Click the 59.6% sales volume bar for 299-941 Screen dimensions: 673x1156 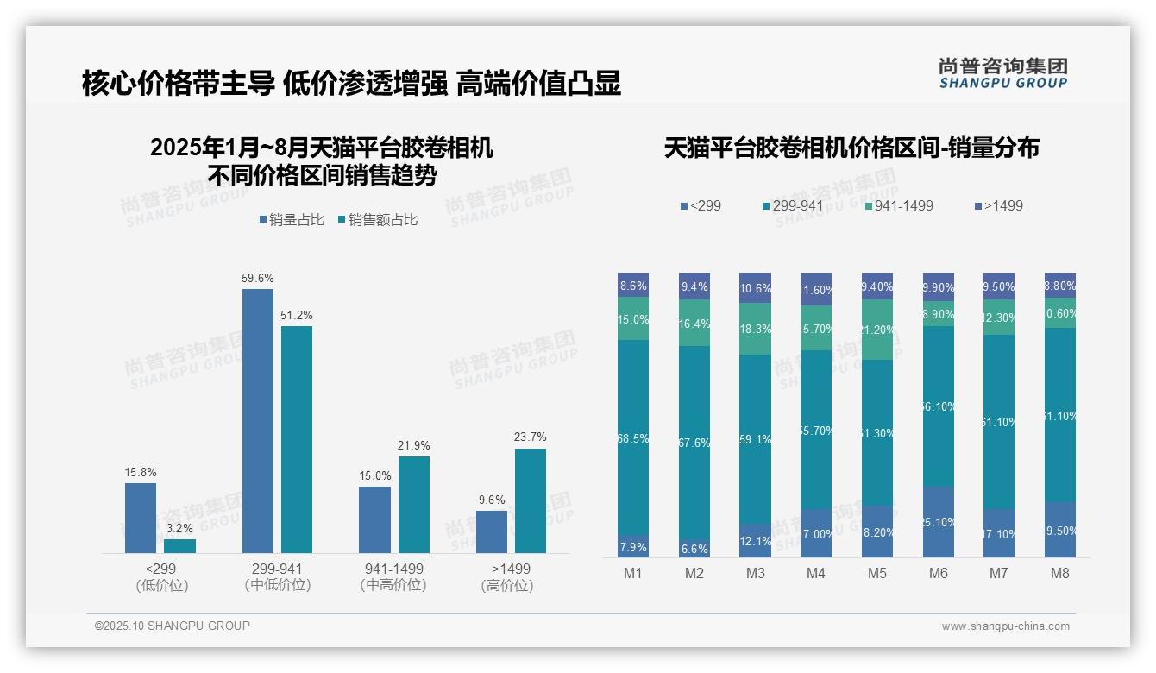(x=257, y=421)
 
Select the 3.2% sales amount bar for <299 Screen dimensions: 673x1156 (x=179, y=546)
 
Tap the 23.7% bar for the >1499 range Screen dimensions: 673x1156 (x=530, y=500)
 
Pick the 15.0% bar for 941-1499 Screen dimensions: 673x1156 (x=374, y=519)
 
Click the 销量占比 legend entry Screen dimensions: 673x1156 (x=291, y=220)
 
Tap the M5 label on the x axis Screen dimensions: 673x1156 (x=877, y=574)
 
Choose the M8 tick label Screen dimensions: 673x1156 (x=1060, y=574)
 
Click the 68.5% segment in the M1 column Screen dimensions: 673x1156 (x=633, y=437)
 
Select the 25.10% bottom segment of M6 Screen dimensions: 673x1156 (x=939, y=522)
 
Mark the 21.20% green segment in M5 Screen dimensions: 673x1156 (x=877, y=330)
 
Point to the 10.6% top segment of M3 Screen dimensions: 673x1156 (x=755, y=287)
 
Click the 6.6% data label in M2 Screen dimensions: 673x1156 (x=694, y=549)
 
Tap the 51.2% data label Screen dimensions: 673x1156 (x=296, y=315)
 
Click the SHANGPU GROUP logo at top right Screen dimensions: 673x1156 (x=1002, y=73)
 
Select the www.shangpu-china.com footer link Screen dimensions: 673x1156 (x=1005, y=626)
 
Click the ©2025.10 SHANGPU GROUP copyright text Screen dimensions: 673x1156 (x=173, y=626)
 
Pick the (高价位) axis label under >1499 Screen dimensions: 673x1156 (x=506, y=586)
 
